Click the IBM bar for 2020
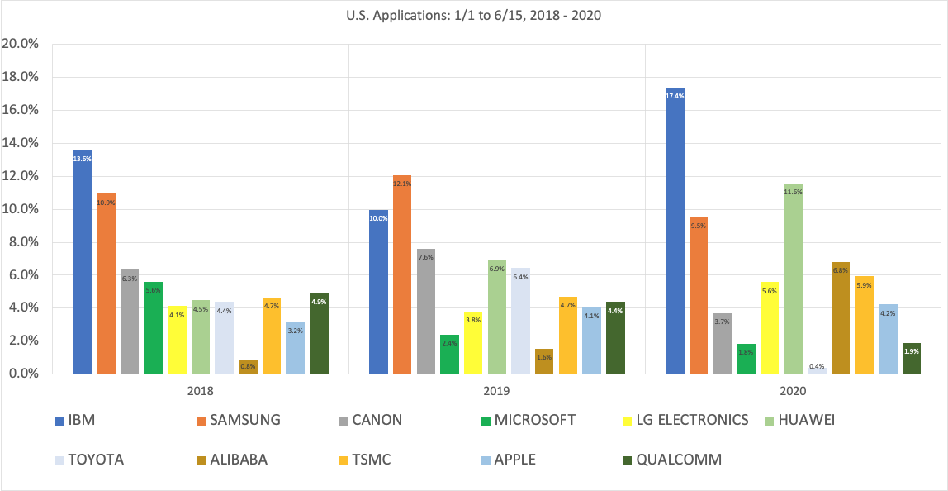pyautogui.click(x=675, y=231)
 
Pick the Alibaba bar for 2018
pyautogui.click(x=248, y=367)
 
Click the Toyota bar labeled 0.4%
pyautogui.click(x=817, y=370)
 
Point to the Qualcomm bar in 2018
pyautogui.click(x=320, y=334)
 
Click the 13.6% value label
pyautogui.click(x=82, y=159)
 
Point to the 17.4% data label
pyautogui.click(x=675, y=96)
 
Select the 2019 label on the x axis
pyautogui.click(x=496, y=390)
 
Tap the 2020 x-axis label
pyautogui.click(x=793, y=390)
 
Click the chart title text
pyautogui.click(x=474, y=14)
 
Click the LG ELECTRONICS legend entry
pyautogui.click(x=691, y=420)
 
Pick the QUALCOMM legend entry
pyautogui.click(x=679, y=460)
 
